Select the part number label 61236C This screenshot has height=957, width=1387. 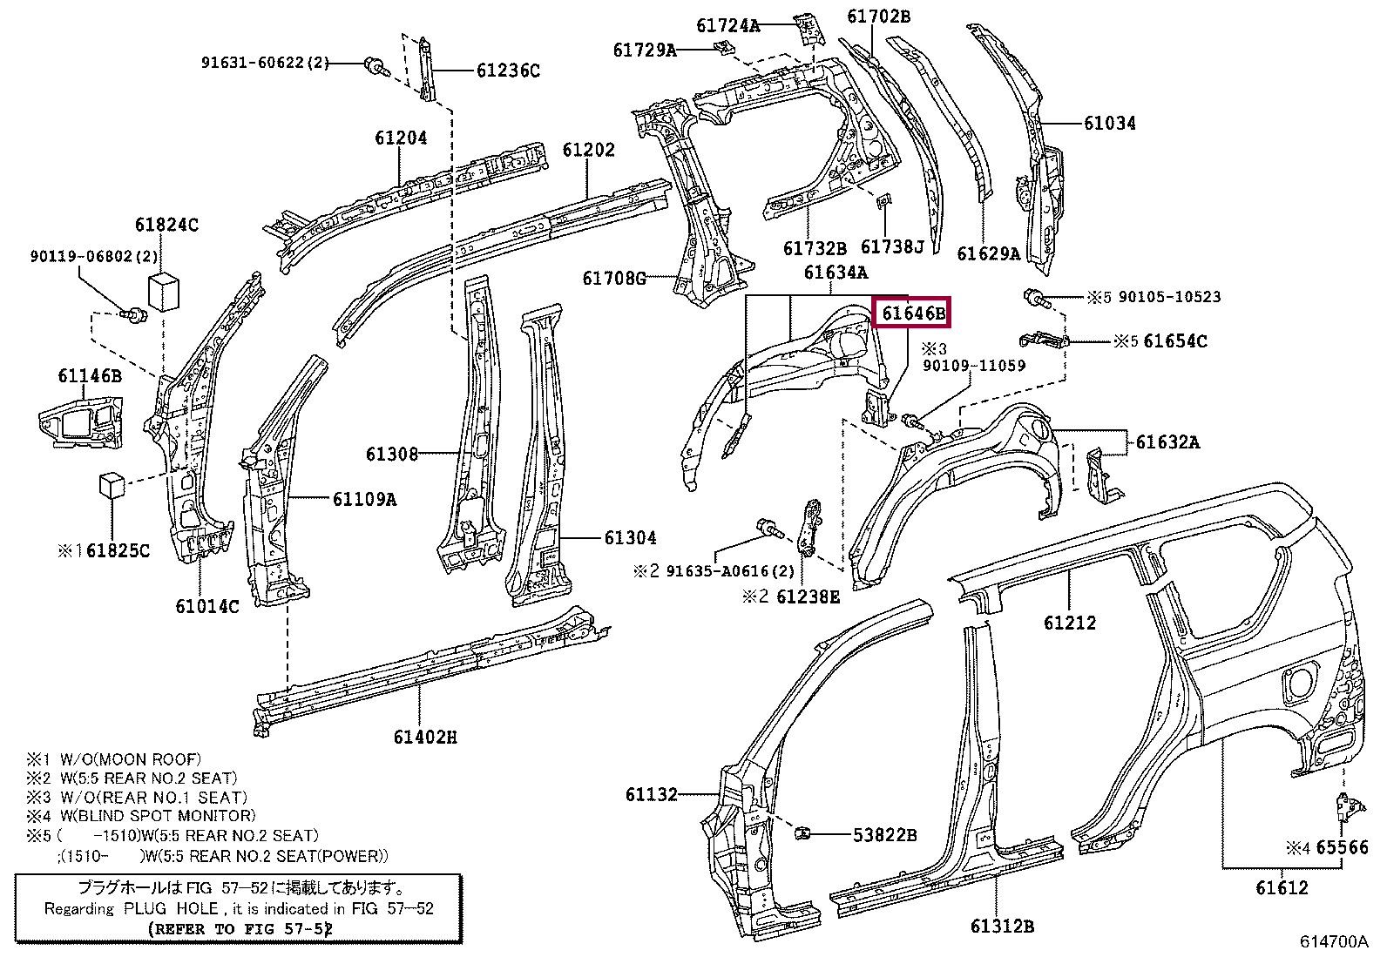click(x=508, y=71)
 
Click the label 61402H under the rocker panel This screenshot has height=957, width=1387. click(x=425, y=737)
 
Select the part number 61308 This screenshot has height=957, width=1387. click(x=392, y=454)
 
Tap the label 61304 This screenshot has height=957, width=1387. click(x=630, y=538)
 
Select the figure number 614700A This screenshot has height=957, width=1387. click(x=1334, y=941)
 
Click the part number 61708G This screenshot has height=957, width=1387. click(x=614, y=278)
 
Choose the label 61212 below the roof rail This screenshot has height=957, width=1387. click(x=1070, y=623)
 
